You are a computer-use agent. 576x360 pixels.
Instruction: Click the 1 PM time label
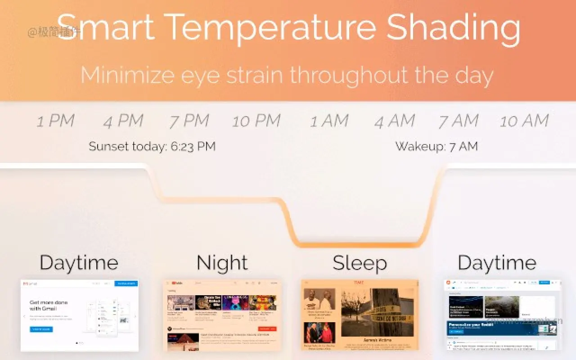(x=55, y=121)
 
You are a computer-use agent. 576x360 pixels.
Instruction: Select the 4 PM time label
(x=123, y=121)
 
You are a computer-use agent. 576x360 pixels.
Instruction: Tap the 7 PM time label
(x=189, y=121)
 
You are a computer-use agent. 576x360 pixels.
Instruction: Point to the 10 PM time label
(x=256, y=121)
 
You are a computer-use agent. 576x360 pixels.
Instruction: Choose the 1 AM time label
(x=329, y=121)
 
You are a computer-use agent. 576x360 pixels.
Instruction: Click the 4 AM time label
(x=395, y=121)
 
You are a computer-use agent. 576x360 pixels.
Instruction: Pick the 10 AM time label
(x=524, y=121)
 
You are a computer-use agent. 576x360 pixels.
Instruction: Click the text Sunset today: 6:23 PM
(x=152, y=146)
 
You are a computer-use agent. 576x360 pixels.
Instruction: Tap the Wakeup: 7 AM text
(x=436, y=146)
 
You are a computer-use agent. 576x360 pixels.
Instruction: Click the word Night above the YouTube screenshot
(x=222, y=263)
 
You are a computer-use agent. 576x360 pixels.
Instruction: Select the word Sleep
(x=360, y=263)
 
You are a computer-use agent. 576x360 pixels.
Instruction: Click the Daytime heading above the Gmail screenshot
(x=79, y=263)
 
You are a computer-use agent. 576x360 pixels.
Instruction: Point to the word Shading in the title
(x=454, y=27)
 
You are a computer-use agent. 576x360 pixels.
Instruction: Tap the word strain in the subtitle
(x=255, y=75)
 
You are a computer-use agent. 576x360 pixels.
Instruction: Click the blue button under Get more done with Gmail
(x=41, y=329)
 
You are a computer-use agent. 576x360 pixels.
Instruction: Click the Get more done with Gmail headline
(x=49, y=306)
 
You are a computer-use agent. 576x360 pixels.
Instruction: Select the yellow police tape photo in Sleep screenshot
(x=377, y=312)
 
